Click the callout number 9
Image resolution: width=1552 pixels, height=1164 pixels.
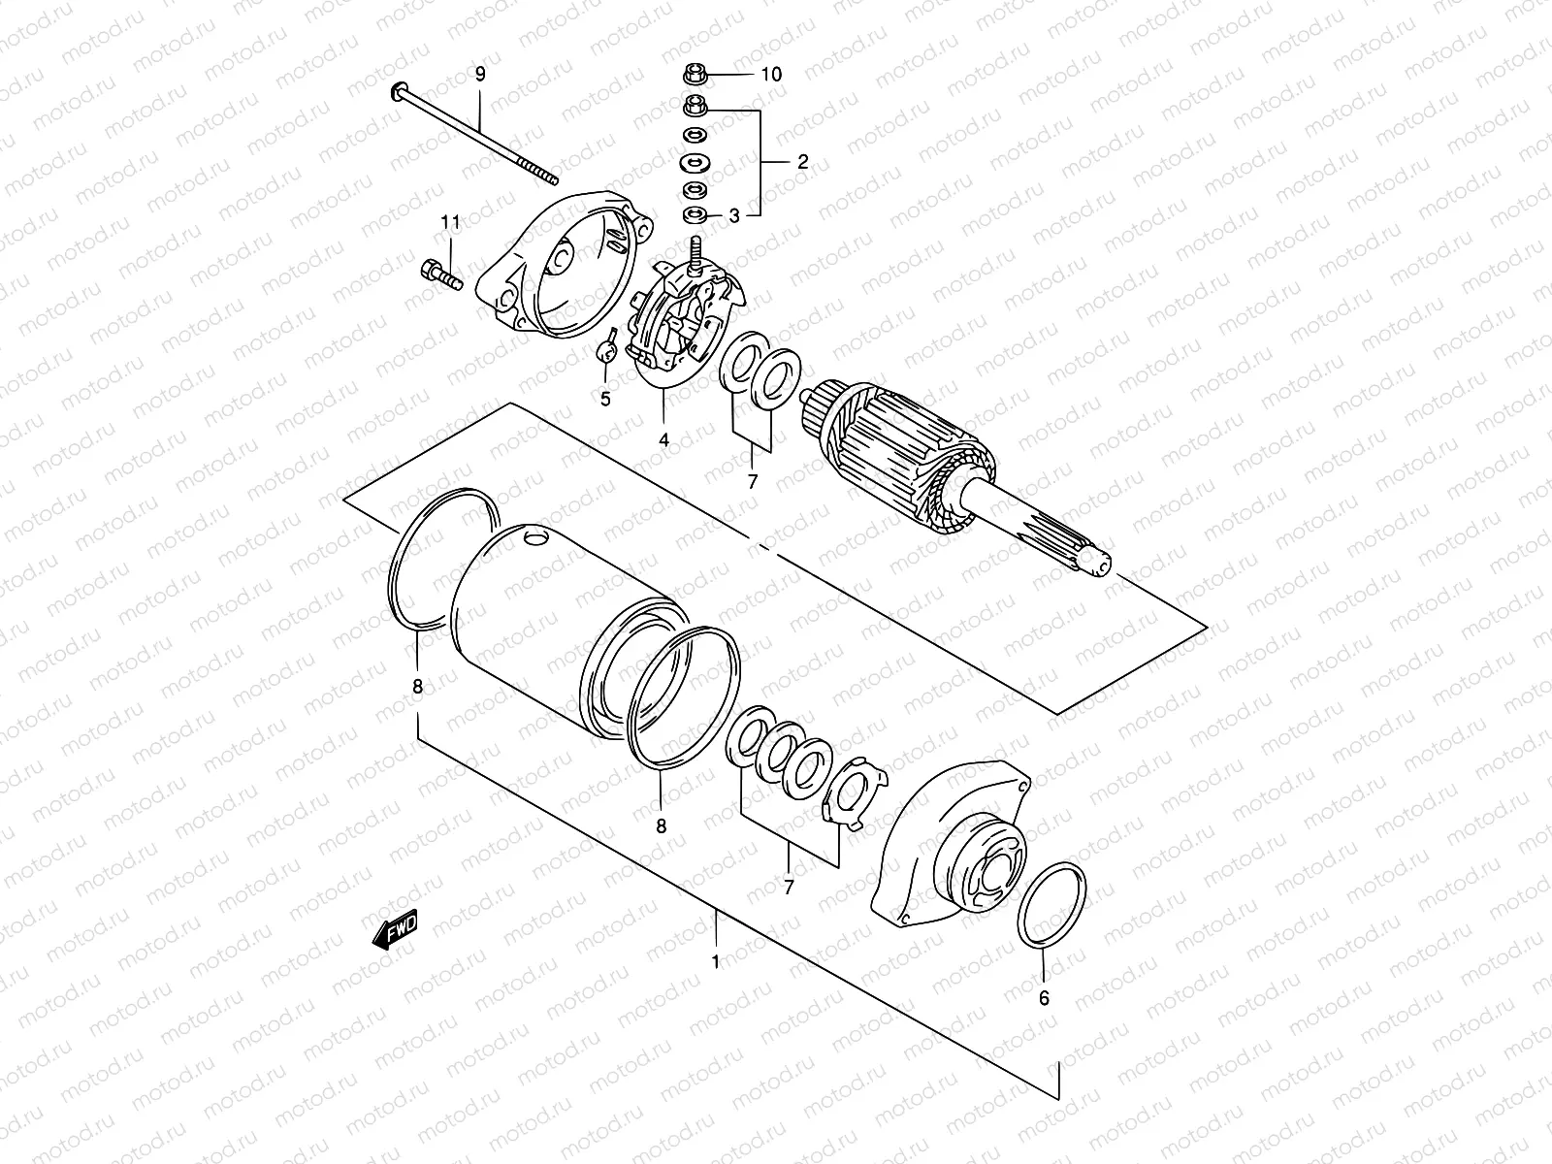tap(479, 74)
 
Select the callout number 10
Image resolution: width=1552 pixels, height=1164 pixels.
tap(770, 74)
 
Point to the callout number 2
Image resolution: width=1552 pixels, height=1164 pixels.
tap(802, 161)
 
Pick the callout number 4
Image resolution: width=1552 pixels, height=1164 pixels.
tap(663, 439)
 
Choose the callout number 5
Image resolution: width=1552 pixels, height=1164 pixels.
tap(604, 399)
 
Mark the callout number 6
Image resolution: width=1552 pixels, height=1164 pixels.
tap(1044, 996)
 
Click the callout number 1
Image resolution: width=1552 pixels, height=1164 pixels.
tap(715, 962)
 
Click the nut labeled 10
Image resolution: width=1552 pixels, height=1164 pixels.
tap(695, 74)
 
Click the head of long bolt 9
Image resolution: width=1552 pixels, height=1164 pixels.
tap(399, 92)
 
